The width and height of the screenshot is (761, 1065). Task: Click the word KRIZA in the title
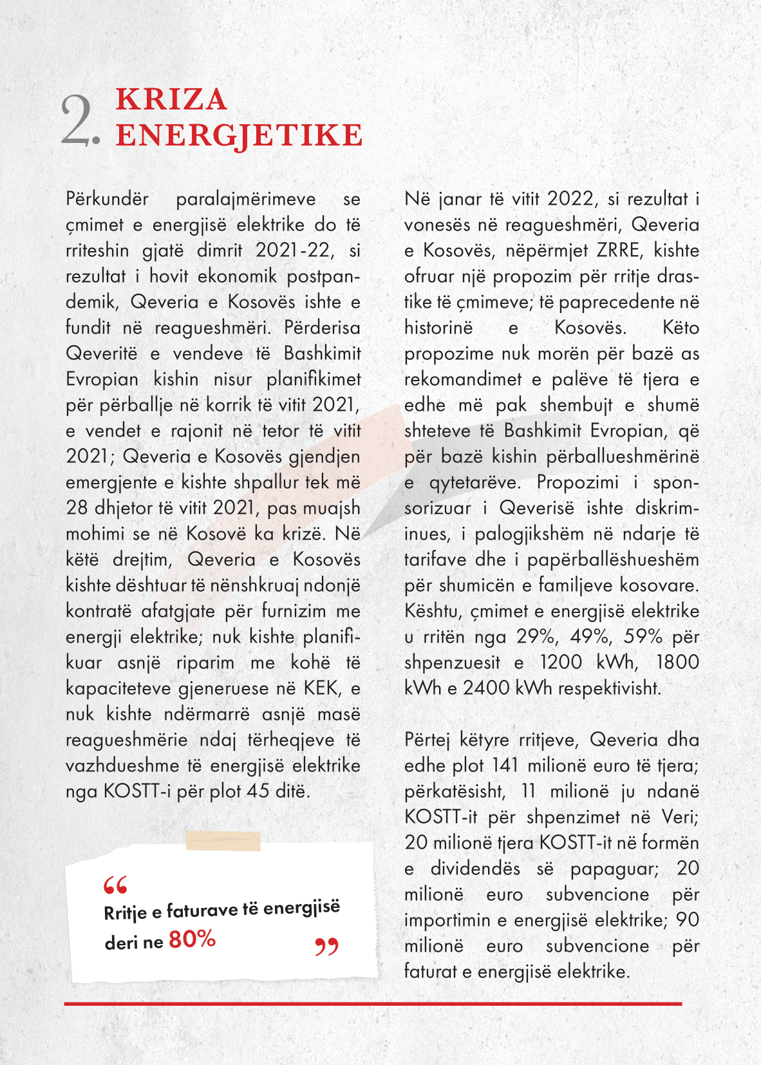pyautogui.click(x=171, y=100)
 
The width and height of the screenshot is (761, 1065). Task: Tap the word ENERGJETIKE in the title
pyautogui.click(x=239, y=135)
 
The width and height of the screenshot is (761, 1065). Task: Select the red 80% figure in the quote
pyautogui.click(x=192, y=939)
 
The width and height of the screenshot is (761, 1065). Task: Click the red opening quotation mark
pyautogui.click(x=116, y=885)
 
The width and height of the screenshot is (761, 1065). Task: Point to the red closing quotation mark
pyautogui.click(x=326, y=947)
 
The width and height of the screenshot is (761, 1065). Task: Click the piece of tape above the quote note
pyautogui.click(x=223, y=840)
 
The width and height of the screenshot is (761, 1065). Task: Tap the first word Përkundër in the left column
pyautogui.click(x=108, y=199)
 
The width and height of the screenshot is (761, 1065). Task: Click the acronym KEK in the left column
pyautogui.click(x=321, y=688)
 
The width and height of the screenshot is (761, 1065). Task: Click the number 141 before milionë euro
pyautogui.click(x=505, y=766)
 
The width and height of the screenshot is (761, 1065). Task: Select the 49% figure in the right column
pyautogui.click(x=589, y=637)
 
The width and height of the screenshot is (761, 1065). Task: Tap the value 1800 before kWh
pyautogui.click(x=677, y=663)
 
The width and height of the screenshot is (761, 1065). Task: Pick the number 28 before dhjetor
pyautogui.click(x=77, y=508)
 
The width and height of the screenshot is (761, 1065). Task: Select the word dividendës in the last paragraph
pyautogui.click(x=475, y=869)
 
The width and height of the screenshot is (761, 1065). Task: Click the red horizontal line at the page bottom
pyautogui.click(x=373, y=1004)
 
